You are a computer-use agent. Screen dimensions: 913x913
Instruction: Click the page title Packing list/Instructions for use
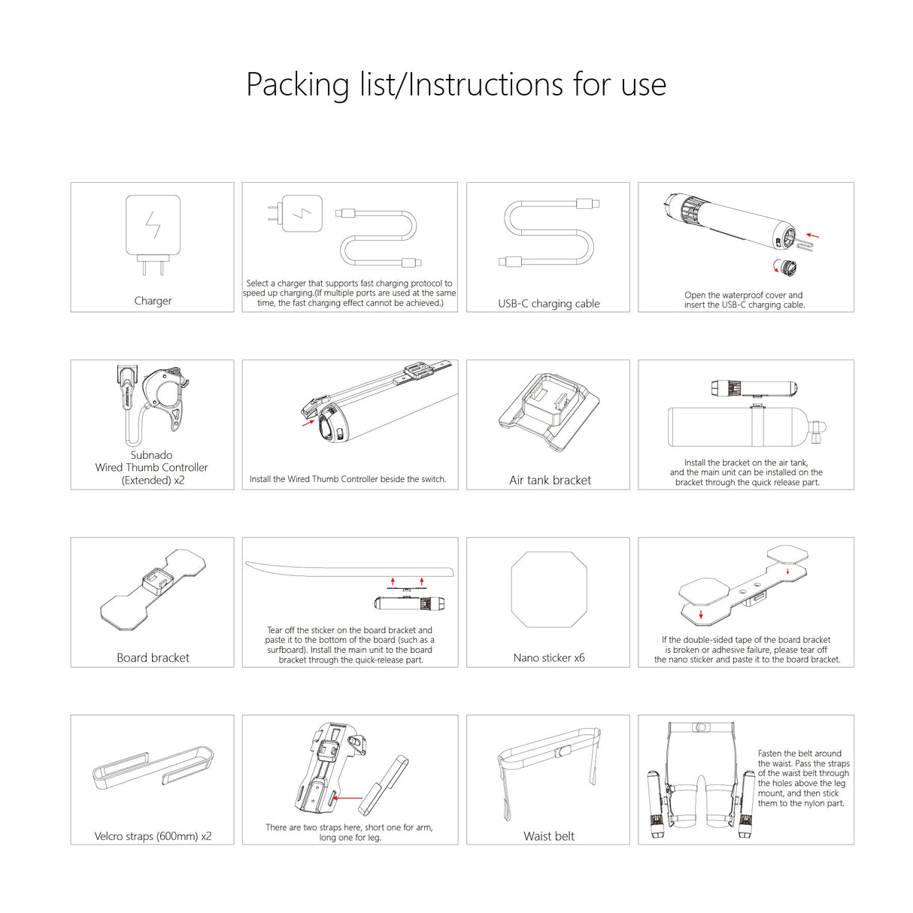tap(456, 84)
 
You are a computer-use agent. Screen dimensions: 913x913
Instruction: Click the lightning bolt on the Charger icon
tap(153, 225)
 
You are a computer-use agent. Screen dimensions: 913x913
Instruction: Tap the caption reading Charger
tap(153, 301)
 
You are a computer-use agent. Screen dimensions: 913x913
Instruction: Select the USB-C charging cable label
tap(548, 304)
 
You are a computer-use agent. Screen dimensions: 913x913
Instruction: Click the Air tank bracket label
tap(550, 481)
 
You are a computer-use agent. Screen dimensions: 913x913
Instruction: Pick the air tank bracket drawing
tap(549, 413)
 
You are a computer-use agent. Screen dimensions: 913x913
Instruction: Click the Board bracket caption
tap(153, 658)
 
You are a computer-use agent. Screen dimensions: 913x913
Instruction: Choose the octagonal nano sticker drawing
tap(548, 590)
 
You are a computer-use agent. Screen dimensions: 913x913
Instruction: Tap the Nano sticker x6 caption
tap(548, 658)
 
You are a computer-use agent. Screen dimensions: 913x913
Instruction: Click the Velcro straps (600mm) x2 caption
tap(153, 836)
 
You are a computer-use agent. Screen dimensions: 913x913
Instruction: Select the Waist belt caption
tap(548, 836)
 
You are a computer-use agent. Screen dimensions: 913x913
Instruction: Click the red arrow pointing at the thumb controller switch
tap(307, 423)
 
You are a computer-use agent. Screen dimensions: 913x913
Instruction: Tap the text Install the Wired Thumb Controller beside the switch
tap(347, 479)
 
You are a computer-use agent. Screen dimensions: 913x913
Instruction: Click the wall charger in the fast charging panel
tap(301, 214)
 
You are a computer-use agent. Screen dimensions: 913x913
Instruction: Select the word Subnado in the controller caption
tap(151, 455)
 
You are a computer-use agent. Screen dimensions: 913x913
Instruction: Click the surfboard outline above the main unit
tap(350, 569)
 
